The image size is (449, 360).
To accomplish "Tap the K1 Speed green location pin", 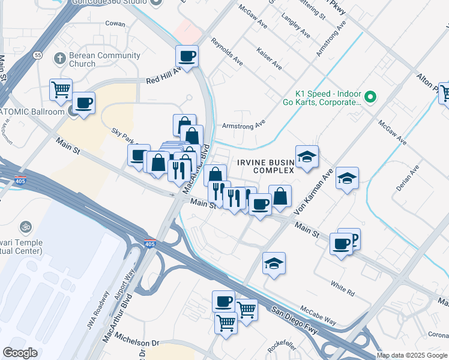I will (x=371, y=96).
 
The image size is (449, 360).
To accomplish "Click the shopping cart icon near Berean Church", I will (x=61, y=90).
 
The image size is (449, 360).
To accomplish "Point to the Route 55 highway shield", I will (x=37, y=55).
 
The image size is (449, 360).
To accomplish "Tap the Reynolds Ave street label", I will (x=227, y=52).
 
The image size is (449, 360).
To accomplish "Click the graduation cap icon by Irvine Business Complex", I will (x=307, y=157).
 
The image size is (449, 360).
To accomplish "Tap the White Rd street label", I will (x=343, y=287).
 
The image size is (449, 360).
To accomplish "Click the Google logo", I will (x=20, y=353).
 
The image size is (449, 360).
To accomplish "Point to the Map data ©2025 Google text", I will (x=411, y=355).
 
